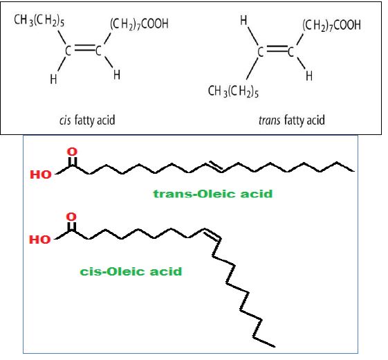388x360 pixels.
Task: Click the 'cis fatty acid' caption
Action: click(87, 120)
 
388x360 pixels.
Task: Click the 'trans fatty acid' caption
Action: click(292, 120)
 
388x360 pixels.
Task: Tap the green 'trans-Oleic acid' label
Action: click(213, 194)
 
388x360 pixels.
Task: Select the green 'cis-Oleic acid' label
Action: click(131, 271)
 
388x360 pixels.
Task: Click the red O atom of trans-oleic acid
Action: click(72, 152)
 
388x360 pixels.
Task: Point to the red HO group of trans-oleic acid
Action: click(41, 174)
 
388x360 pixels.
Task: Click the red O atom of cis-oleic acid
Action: click(71, 217)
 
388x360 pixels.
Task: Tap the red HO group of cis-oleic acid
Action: click(40, 240)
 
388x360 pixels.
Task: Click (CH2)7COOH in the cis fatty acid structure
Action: click(139, 24)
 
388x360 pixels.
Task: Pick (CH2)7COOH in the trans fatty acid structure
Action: click(331, 25)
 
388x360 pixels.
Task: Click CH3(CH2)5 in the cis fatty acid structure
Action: click(39, 20)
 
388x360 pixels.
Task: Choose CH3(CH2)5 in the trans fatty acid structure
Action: click(233, 91)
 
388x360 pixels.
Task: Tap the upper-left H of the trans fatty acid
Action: click(243, 20)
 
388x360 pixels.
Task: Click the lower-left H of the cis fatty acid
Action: click(53, 80)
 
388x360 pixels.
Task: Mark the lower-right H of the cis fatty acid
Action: click(117, 75)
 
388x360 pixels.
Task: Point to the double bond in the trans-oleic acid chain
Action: click(214, 166)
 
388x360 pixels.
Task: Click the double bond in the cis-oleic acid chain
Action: click(212, 234)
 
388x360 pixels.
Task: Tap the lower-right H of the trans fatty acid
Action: click(309, 75)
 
